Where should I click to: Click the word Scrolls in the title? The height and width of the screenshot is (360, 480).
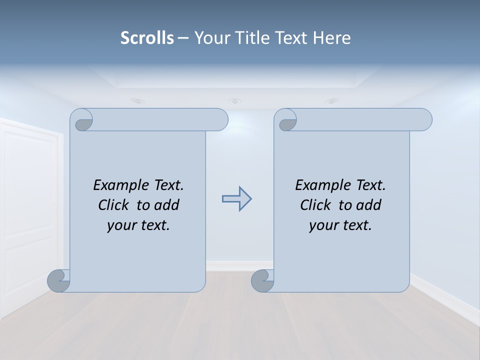(x=147, y=37)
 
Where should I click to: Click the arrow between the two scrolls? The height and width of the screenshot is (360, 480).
(x=236, y=199)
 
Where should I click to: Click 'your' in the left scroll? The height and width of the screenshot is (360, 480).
(x=120, y=225)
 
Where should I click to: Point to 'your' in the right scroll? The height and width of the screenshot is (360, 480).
(x=322, y=225)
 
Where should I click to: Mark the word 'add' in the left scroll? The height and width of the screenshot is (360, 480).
(x=166, y=205)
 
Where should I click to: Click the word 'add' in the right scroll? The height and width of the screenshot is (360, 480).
(x=368, y=205)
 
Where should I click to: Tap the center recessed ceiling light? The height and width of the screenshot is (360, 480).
(x=234, y=101)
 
